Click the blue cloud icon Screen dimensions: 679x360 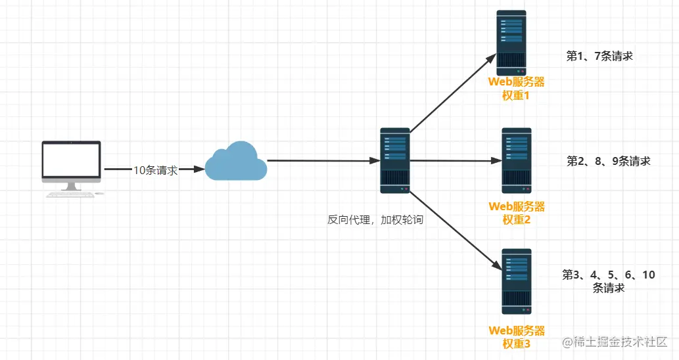[x=235, y=161]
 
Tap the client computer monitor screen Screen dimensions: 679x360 [x=72, y=160]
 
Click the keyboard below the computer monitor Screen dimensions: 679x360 [x=70, y=194]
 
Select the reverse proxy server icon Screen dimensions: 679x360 [x=395, y=160]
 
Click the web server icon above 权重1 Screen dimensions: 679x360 [x=511, y=43]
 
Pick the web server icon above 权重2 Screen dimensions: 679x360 [x=517, y=160]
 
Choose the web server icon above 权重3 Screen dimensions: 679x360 [x=517, y=281]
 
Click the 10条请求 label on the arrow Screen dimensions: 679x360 [x=156, y=170]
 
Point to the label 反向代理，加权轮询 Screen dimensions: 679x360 [x=375, y=220]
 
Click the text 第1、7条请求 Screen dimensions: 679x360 [x=599, y=56]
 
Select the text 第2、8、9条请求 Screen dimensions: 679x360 [x=609, y=162]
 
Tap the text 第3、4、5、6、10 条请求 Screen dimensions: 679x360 [x=609, y=281]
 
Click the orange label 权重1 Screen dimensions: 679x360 [x=516, y=95]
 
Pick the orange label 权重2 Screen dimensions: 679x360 [x=516, y=220]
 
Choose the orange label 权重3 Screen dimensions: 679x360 [x=516, y=344]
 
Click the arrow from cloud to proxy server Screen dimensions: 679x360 [x=324, y=160]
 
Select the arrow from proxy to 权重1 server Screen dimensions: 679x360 [x=453, y=93]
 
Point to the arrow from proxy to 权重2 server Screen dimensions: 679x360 [x=456, y=160]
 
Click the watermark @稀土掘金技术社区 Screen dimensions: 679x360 [x=615, y=342]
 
